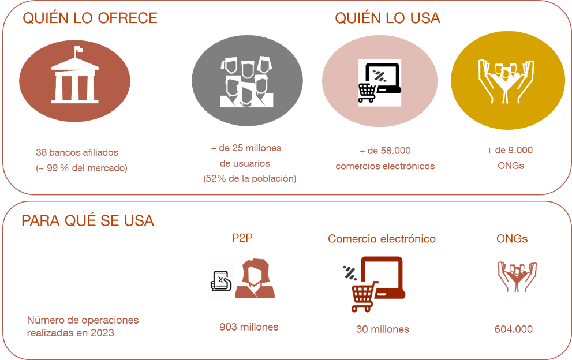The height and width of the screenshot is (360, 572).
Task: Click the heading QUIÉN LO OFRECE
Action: coord(89,18)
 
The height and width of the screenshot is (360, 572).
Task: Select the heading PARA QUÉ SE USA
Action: coord(87,221)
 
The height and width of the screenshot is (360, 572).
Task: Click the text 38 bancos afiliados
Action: coord(77,153)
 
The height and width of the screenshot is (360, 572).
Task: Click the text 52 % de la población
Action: coord(249,179)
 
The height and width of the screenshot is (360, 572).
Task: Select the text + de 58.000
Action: coord(384,151)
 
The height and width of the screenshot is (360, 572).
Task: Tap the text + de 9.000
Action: coord(509,151)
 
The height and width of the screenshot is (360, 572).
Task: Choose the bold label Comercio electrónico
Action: coord(382,239)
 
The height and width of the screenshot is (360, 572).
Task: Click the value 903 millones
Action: coord(249,327)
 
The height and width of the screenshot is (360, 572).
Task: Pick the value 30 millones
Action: coord(383,329)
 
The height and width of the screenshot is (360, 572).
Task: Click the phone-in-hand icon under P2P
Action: coord(222,281)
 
